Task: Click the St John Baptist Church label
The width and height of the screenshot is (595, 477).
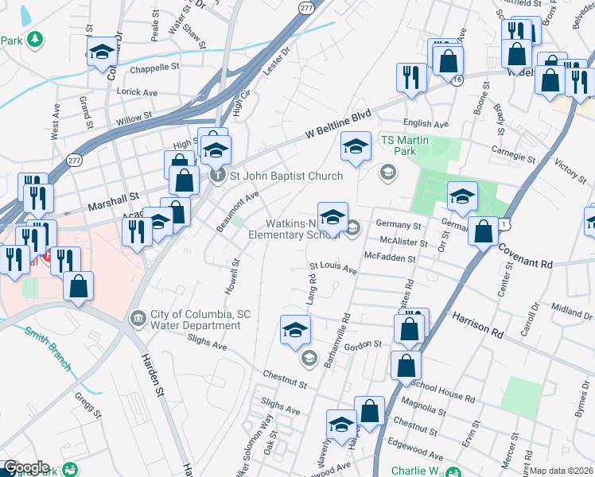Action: tap(286, 176)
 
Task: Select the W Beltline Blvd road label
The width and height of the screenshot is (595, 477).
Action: tap(338, 126)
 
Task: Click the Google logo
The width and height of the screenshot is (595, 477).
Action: tap(26, 467)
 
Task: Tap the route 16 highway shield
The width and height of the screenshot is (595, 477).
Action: tap(456, 80)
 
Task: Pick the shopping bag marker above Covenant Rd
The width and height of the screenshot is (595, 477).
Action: tap(483, 231)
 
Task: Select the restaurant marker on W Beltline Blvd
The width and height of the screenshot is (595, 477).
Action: tap(410, 77)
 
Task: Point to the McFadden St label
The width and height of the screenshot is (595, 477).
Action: tap(390, 258)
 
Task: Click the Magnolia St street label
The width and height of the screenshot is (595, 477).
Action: tap(424, 410)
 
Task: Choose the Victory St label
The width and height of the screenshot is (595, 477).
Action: tap(570, 169)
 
